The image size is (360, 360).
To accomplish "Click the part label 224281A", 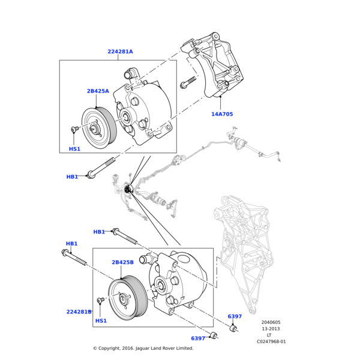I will [x=120, y=52].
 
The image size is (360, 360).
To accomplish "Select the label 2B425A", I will [x=98, y=91].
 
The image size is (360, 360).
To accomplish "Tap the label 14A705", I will [x=222, y=114].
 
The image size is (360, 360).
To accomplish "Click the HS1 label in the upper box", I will [x=74, y=149].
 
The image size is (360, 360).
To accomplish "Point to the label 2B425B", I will [x=122, y=262].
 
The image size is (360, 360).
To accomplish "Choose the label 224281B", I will [x=79, y=312].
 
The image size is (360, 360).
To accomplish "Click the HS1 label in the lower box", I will [x=101, y=320].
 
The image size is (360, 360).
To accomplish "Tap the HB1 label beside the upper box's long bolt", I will [x=72, y=177].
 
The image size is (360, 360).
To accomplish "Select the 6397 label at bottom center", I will [x=198, y=338].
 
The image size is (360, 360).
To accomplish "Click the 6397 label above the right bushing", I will [x=235, y=316].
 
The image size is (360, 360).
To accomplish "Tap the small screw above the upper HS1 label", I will [x=75, y=130].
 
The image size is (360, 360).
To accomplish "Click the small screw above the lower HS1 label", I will [x=101, y=300].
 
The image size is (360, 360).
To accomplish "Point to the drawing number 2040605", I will [x=271, y=322].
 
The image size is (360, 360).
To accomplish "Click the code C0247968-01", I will [x=271, y=342].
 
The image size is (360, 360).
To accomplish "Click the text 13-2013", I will [x=271, y=329].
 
